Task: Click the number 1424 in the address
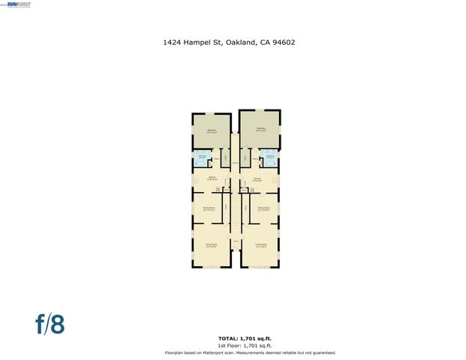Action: point(172,43)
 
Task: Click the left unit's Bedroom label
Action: point(212,130)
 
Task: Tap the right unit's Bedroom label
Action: point(261,129)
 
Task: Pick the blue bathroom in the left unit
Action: point(203,157)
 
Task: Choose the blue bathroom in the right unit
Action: point(269,157)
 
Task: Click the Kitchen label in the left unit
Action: point(212,178)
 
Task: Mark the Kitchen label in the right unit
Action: point(257,178)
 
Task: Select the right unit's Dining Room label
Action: point(263,209)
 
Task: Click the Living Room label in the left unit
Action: point(211,244)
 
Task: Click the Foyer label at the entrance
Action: point(236,241)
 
